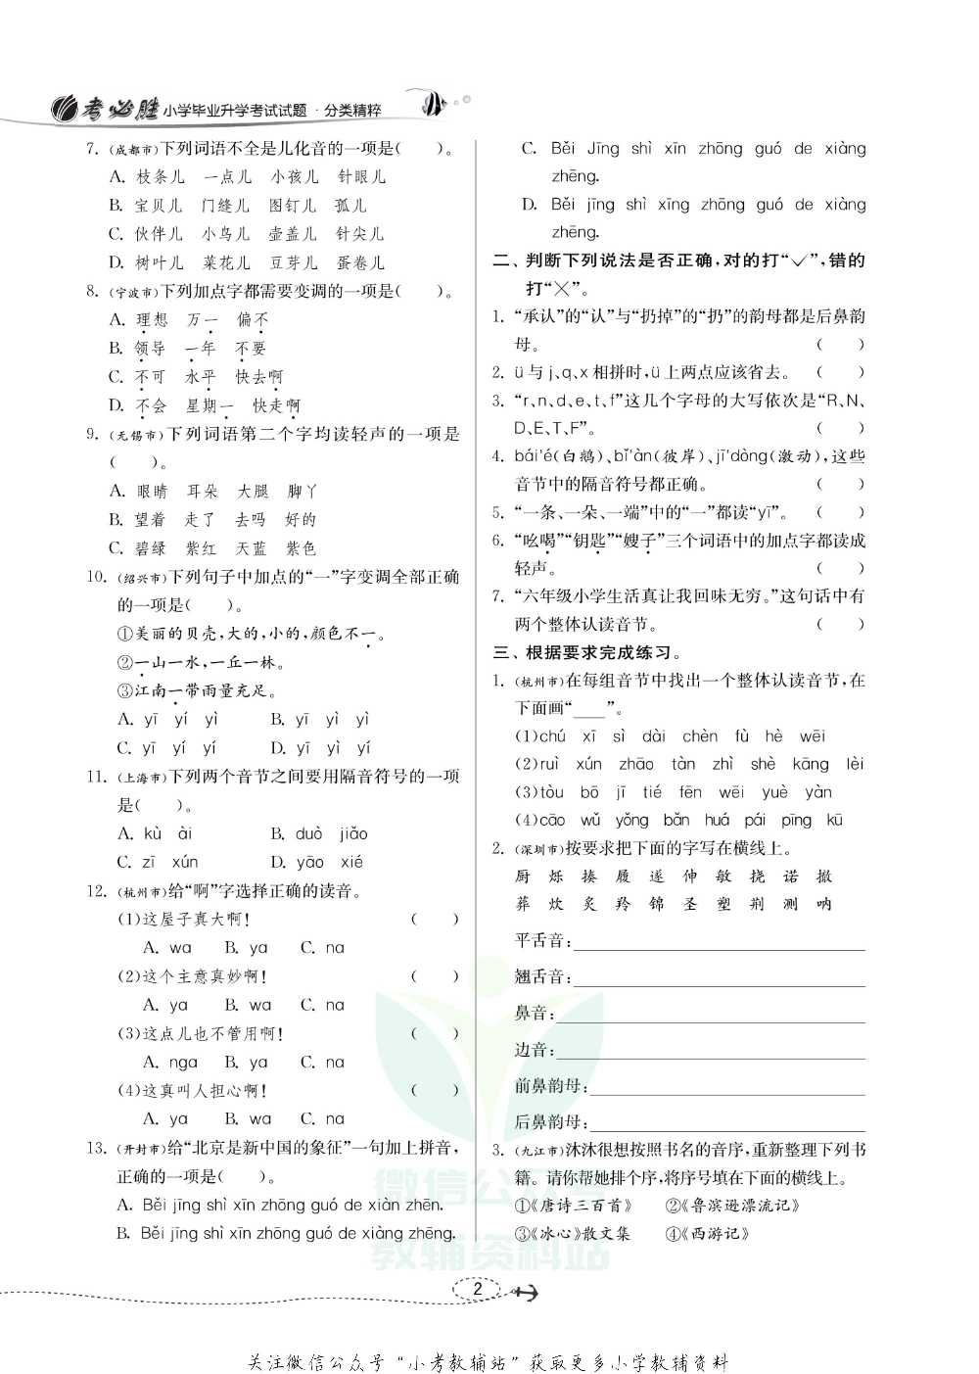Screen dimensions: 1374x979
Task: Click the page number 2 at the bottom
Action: coord(477,1289)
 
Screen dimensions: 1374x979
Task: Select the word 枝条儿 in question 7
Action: coord(160,177)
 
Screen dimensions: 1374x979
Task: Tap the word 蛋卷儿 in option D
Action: coord(360,262)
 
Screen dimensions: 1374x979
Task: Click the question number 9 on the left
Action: coord(94,434)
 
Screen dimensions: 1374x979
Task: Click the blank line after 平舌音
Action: coord(720,946)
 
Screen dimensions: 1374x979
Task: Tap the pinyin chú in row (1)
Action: coord(552,736)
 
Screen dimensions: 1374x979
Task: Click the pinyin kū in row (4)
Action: coord(835,820)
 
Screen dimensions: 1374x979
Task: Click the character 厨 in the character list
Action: coord(523,877)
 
